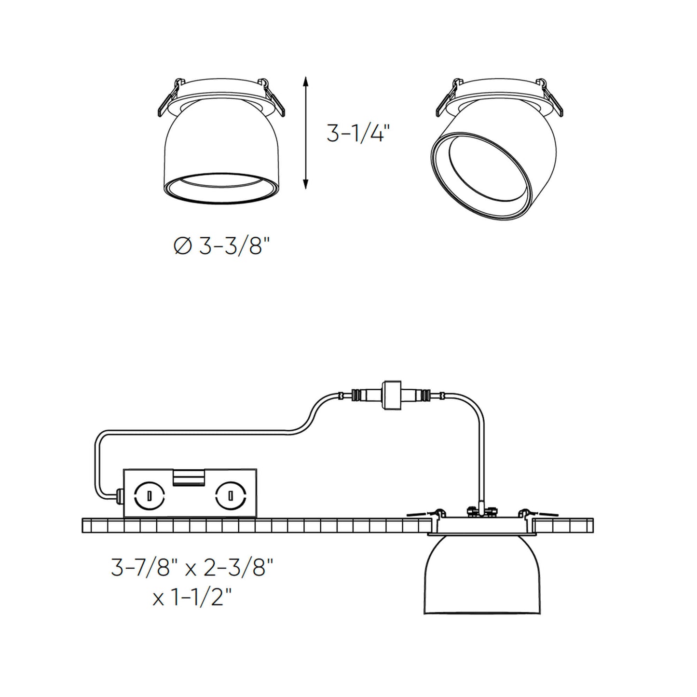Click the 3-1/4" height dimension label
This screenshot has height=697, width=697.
[357, 133]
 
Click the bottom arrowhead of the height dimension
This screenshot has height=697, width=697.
[305, 184]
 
